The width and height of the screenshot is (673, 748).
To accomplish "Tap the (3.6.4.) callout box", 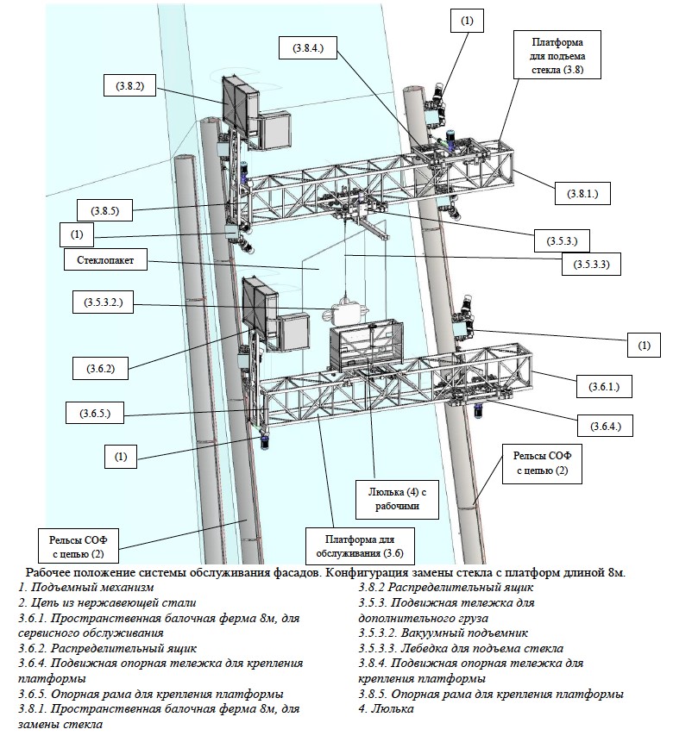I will point(606,426).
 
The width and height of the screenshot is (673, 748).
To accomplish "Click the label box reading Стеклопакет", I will point(100,258).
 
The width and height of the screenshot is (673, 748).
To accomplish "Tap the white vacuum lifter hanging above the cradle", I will point(349,309).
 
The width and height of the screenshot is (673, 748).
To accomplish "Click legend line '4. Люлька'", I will point(386,708).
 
